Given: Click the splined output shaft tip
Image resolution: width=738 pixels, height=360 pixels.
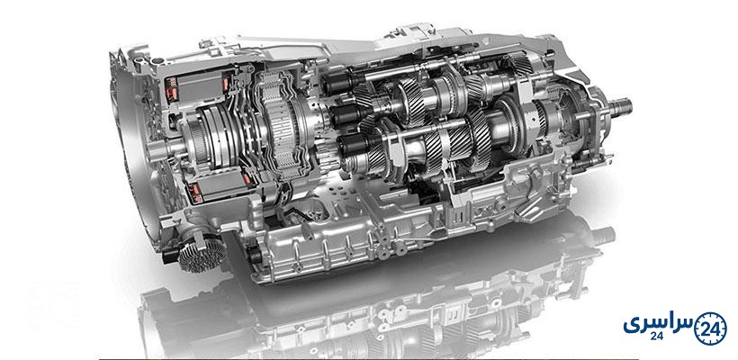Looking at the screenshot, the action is point(621,107).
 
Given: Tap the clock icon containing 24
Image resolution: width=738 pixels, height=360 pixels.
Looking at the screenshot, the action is point(710,328).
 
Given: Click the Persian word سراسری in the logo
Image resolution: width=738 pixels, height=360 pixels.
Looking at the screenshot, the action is point(659,324).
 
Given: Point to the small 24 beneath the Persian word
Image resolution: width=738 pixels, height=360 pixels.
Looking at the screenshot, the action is point(657,337).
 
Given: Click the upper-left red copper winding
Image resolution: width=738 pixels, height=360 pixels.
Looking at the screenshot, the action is point(170,89).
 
